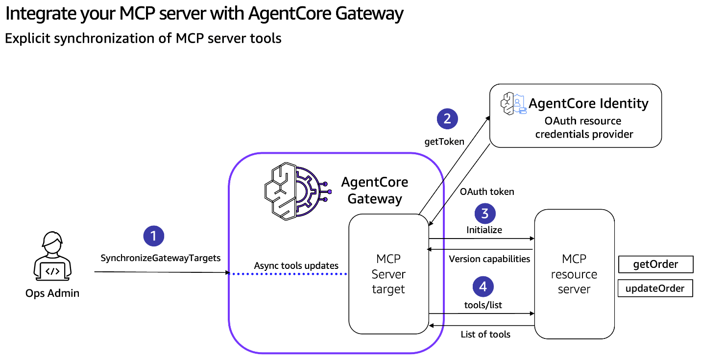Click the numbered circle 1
click(x=154, y=236)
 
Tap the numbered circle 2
click(x=447, y=119)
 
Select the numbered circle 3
click(x=485, y=214)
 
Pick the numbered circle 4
click(x=483, y=287)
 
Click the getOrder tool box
click(x=655, y=264)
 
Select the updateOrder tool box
click(x=655, y=288)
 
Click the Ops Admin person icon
click(x=52, y=256)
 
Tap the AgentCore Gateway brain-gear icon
click(x=298, y=191)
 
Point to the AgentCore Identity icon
click(x=513, y=103)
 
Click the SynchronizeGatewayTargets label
click(x=161, y=258)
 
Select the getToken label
click(x=444, y=142)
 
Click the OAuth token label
click(x=487, y=192)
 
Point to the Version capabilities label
click(x=489, y=259)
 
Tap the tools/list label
click(x=483, y=305)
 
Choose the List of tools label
click(x=485, y=335)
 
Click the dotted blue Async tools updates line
click(x=289, y=274)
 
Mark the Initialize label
click(x=484, y=230)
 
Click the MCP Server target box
click(x=388, y=274)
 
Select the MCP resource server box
click(x=574, y=274)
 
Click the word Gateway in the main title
click(x=369, y=14)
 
